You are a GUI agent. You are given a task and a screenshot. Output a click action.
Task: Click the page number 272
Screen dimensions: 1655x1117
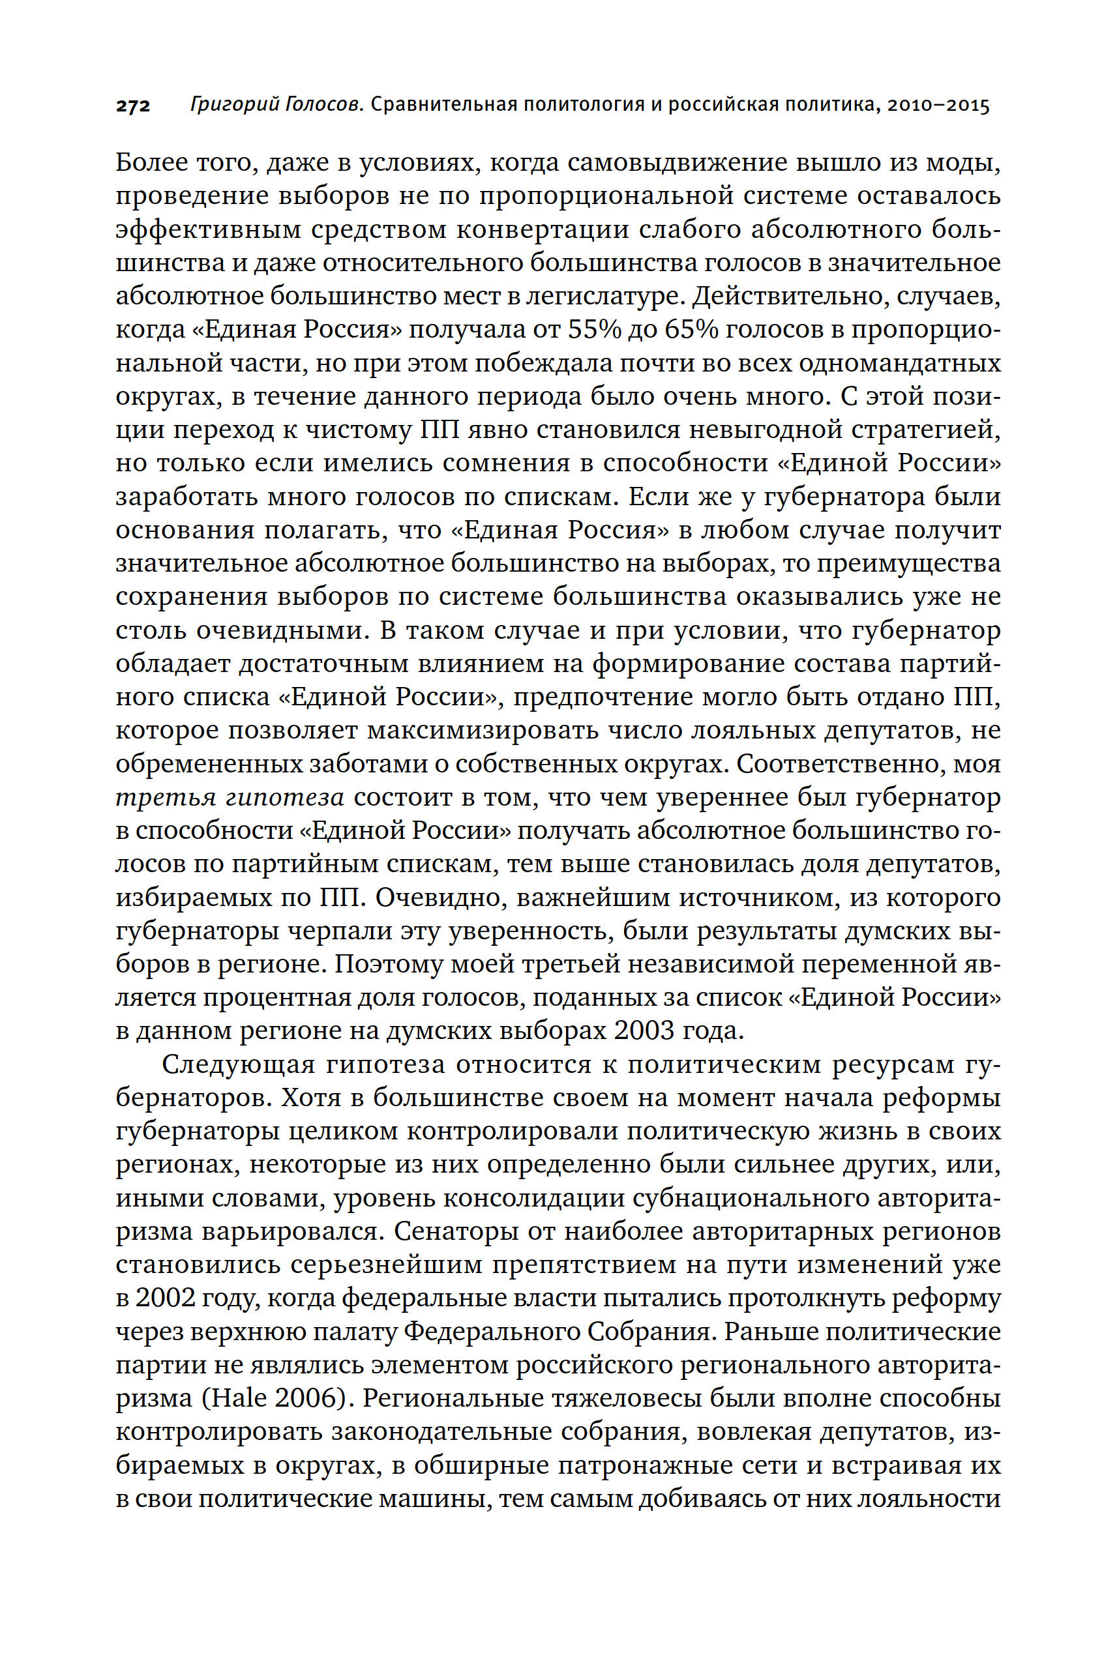click(x=133, y=106)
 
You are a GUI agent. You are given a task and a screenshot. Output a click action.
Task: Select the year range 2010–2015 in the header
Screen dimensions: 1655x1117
click(x=937, y=106)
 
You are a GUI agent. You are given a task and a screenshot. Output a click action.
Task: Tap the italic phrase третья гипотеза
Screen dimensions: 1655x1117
click(x=230, y=797)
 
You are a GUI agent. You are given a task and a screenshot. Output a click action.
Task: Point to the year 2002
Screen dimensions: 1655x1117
click(x=165, y=1298)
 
